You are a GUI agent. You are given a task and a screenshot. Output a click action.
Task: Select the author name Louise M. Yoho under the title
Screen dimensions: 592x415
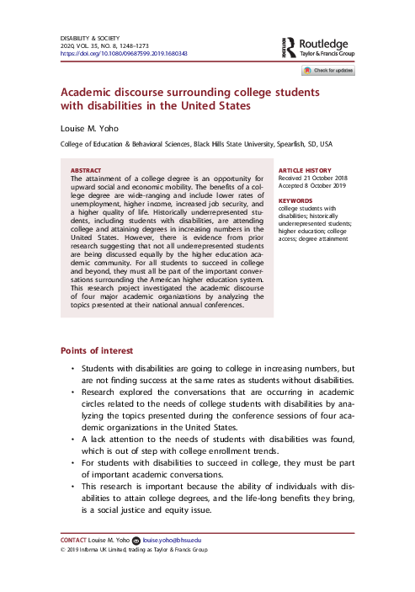click(x=93, y=129)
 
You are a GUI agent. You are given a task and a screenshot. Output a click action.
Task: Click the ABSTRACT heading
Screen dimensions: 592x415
click(x=87, y=170)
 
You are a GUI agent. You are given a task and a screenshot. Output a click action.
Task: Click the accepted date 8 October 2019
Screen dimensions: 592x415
click(x=325, y=187)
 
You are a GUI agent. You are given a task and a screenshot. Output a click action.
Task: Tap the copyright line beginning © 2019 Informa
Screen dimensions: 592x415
click(x=135, y=549)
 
